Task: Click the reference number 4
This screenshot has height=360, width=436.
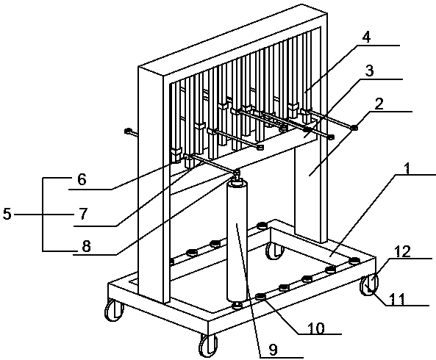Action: pyautogui.click(x=367, y=37)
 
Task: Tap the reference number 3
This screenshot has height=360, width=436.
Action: pyautogui.click(x=369, y=71)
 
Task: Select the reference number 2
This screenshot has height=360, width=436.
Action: pyautogui.click(x=379, y=104)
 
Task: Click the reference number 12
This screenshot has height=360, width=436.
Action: pyautogui.click(x=402, y=251)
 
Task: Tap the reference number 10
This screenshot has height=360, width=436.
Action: pyautogui.click(x=316, y=328)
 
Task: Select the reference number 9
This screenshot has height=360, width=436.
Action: pyautogui.click(x=274, y=350)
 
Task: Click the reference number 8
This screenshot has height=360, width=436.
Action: pyautogui.click(x=86, y=246)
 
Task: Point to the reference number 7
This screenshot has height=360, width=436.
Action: pyautogui.click(x=83, y=214)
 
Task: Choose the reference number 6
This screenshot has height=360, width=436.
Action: pyautogui.click(x=82, y=179)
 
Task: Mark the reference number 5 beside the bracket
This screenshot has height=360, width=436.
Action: pyautogui.click(x=7, y=215)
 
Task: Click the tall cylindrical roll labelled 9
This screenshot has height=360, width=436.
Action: pyautogui.click(x=237, y=242)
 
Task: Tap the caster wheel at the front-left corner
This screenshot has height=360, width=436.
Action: pyautogui.click(x=114, y=311)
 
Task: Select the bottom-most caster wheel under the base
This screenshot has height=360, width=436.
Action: pyautogui.click(x=208, y=345)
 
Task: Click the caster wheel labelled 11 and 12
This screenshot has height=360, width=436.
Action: pyautogui.click(x=369, y=285)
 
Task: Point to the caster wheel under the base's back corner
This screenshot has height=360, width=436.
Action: pyautogui.click(x=275, y=251)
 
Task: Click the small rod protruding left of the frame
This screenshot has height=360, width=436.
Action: pyautogui.click(x=132, y=132)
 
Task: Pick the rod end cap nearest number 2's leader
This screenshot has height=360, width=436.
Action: pyautogui.click(x=354, y=128)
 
